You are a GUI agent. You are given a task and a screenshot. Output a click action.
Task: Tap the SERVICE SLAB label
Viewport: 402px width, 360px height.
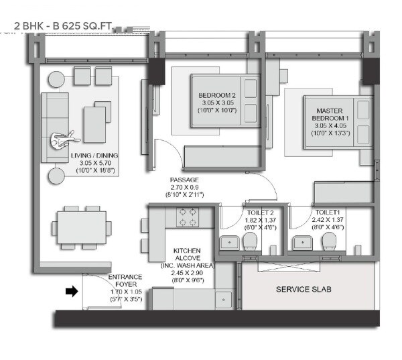point(303,290)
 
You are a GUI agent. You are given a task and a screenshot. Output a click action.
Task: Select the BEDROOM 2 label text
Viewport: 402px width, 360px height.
point(216,95)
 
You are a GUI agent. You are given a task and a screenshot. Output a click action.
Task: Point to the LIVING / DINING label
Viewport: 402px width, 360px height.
point(94,156)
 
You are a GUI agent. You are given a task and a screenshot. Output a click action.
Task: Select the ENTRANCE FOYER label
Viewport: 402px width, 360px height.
point(125,277)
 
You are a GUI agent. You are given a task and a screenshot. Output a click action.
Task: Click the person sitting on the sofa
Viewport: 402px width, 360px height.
point(64,140)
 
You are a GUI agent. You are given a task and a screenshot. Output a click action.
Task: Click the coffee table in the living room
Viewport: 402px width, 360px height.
point(94,123)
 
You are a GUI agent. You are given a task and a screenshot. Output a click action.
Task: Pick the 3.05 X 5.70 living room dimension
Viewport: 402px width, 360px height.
point(94,163)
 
